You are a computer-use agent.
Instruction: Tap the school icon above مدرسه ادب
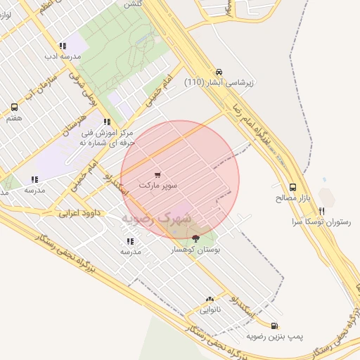coord(63,46)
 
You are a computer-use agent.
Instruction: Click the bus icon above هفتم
coord(14,108)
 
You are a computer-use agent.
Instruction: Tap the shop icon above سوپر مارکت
coord(157,175)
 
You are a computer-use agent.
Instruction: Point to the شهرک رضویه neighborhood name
coord(157,219)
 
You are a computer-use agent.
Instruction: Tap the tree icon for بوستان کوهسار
coord(195,239)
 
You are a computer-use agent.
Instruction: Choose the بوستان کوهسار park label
coord(196,249)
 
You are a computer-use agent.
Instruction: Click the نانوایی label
coord(210,309)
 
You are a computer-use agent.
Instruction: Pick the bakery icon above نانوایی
coord(210,299)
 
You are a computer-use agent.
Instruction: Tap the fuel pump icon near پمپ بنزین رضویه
coord(274,326)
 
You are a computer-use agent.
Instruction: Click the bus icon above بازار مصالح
coord(292,188)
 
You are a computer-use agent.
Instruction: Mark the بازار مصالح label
coord(292,198)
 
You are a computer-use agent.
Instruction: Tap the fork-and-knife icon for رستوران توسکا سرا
coord(321,210)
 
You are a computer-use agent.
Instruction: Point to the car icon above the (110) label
coord(219,72)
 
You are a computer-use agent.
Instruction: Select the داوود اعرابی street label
coord(79,211)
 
